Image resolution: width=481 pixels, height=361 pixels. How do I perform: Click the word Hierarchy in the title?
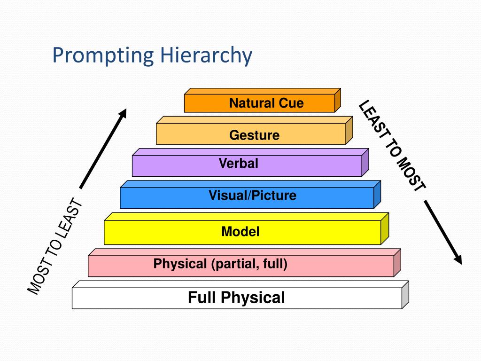[206, 55]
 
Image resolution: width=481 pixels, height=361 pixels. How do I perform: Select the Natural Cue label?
[266, 103]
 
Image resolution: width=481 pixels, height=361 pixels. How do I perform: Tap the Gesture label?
[254, 135]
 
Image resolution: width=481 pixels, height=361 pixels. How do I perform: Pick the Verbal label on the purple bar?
[239, 164]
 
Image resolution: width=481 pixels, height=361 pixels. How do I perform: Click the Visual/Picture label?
[253, 195]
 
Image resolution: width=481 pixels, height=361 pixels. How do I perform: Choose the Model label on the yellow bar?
[240, 231]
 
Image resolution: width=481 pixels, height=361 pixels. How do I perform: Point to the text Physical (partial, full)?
[220, 264]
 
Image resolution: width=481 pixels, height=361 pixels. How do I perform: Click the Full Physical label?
[236, 298]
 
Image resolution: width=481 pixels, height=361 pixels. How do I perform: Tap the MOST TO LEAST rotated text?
[55, 247]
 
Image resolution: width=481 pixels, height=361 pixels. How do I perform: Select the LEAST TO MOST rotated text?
[393, 146]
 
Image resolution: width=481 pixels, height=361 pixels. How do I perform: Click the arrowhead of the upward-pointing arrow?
[123, 113]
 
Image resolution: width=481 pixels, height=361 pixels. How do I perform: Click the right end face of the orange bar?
[338, 100]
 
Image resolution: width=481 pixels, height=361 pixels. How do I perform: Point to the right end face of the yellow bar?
[385, 228]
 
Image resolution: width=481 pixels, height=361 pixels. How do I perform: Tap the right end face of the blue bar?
[377, 194]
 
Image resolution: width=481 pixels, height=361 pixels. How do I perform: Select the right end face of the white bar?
[405, 295]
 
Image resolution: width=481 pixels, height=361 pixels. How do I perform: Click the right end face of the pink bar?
[397, 262]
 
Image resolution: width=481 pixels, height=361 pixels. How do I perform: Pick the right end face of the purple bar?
[365, 163]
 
